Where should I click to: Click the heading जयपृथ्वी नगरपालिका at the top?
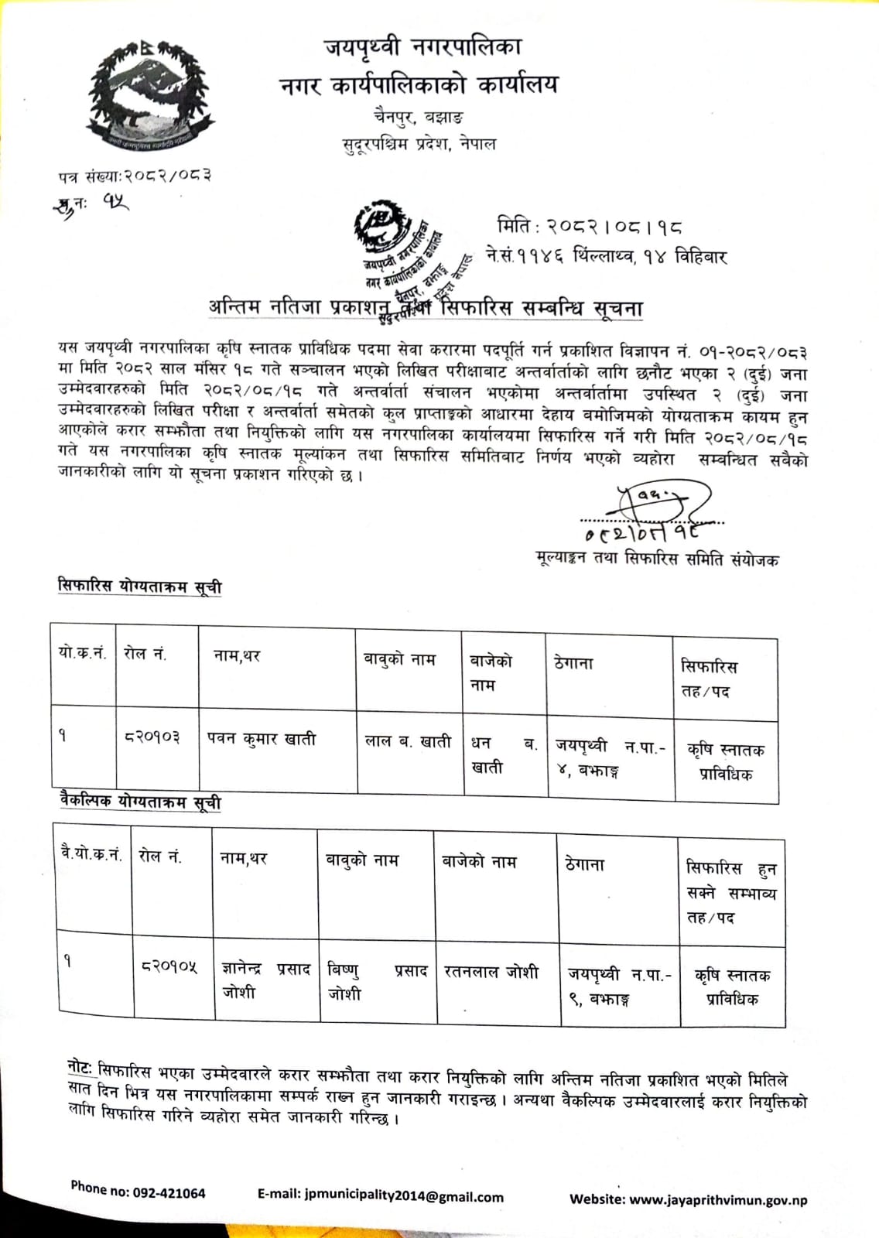pyautogui.click(x=422, y=48)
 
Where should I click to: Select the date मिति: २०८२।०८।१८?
pyautogui.click(x=590, y=227)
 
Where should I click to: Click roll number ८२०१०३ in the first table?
pyautogui.click(x=152, y=737)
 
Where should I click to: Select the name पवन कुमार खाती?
pyautogui.click(x=262, y=739)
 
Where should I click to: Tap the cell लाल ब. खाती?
pyautogui.click(x=408, y=741)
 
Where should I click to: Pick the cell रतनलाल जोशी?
pyautogui.click(x=491, y=972)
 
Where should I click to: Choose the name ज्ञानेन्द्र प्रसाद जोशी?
pyautogui.click(x=265, y=980)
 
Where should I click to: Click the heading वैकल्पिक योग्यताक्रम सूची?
pyautogui.click(x=141, y=802)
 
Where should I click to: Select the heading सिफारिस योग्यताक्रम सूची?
pyautogui.click(x=140, y=586)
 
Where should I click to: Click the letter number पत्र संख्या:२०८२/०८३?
pyautogui.click(x=135, y=176)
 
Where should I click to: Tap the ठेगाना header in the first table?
pyautogui.click(x=573, y=663)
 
